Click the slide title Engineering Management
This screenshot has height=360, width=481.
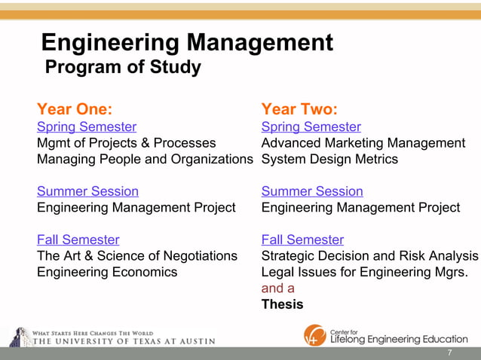tap(186, 42)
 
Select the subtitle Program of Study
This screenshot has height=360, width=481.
tap(124, 68)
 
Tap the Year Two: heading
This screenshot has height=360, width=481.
tap(299, 109)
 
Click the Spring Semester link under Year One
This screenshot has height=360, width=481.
tap(87, 127)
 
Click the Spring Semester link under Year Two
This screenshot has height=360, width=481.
tap(311, 127)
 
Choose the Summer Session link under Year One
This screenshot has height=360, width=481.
tap(87, 191)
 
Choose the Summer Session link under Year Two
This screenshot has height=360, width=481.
tap(312, 191)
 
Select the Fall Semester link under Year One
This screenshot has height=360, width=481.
tap(78, 239)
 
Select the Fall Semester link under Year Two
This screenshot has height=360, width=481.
tap(302, 239)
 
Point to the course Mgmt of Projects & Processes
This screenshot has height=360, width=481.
tap(126, 143)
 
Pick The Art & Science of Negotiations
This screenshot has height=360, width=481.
tap(136, 256)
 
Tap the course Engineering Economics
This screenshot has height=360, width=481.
tap(107, 272)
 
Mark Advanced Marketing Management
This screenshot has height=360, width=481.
tap(363, 143)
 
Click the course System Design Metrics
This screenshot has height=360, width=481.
tap(329, 159)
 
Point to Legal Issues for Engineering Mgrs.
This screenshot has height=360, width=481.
tap(365, 272)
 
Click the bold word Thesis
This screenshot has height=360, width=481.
tap(282, 304)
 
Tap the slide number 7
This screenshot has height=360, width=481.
tap(449, 353)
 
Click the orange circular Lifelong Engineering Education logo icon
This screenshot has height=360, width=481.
tap(315, 335)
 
